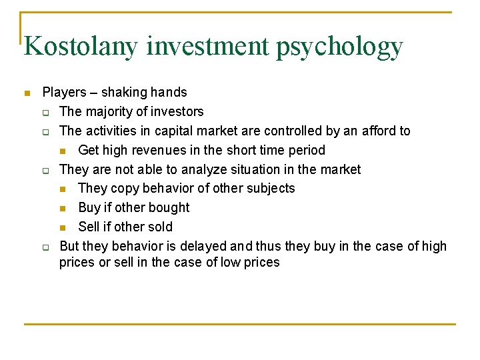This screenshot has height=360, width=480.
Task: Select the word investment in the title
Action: pyautogui.click(x=209, y=47)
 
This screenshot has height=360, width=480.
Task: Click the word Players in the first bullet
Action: pyautogui.click(x=64, y=93)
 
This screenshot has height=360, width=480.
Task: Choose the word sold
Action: pyautogui.click(x=158, y=227)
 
